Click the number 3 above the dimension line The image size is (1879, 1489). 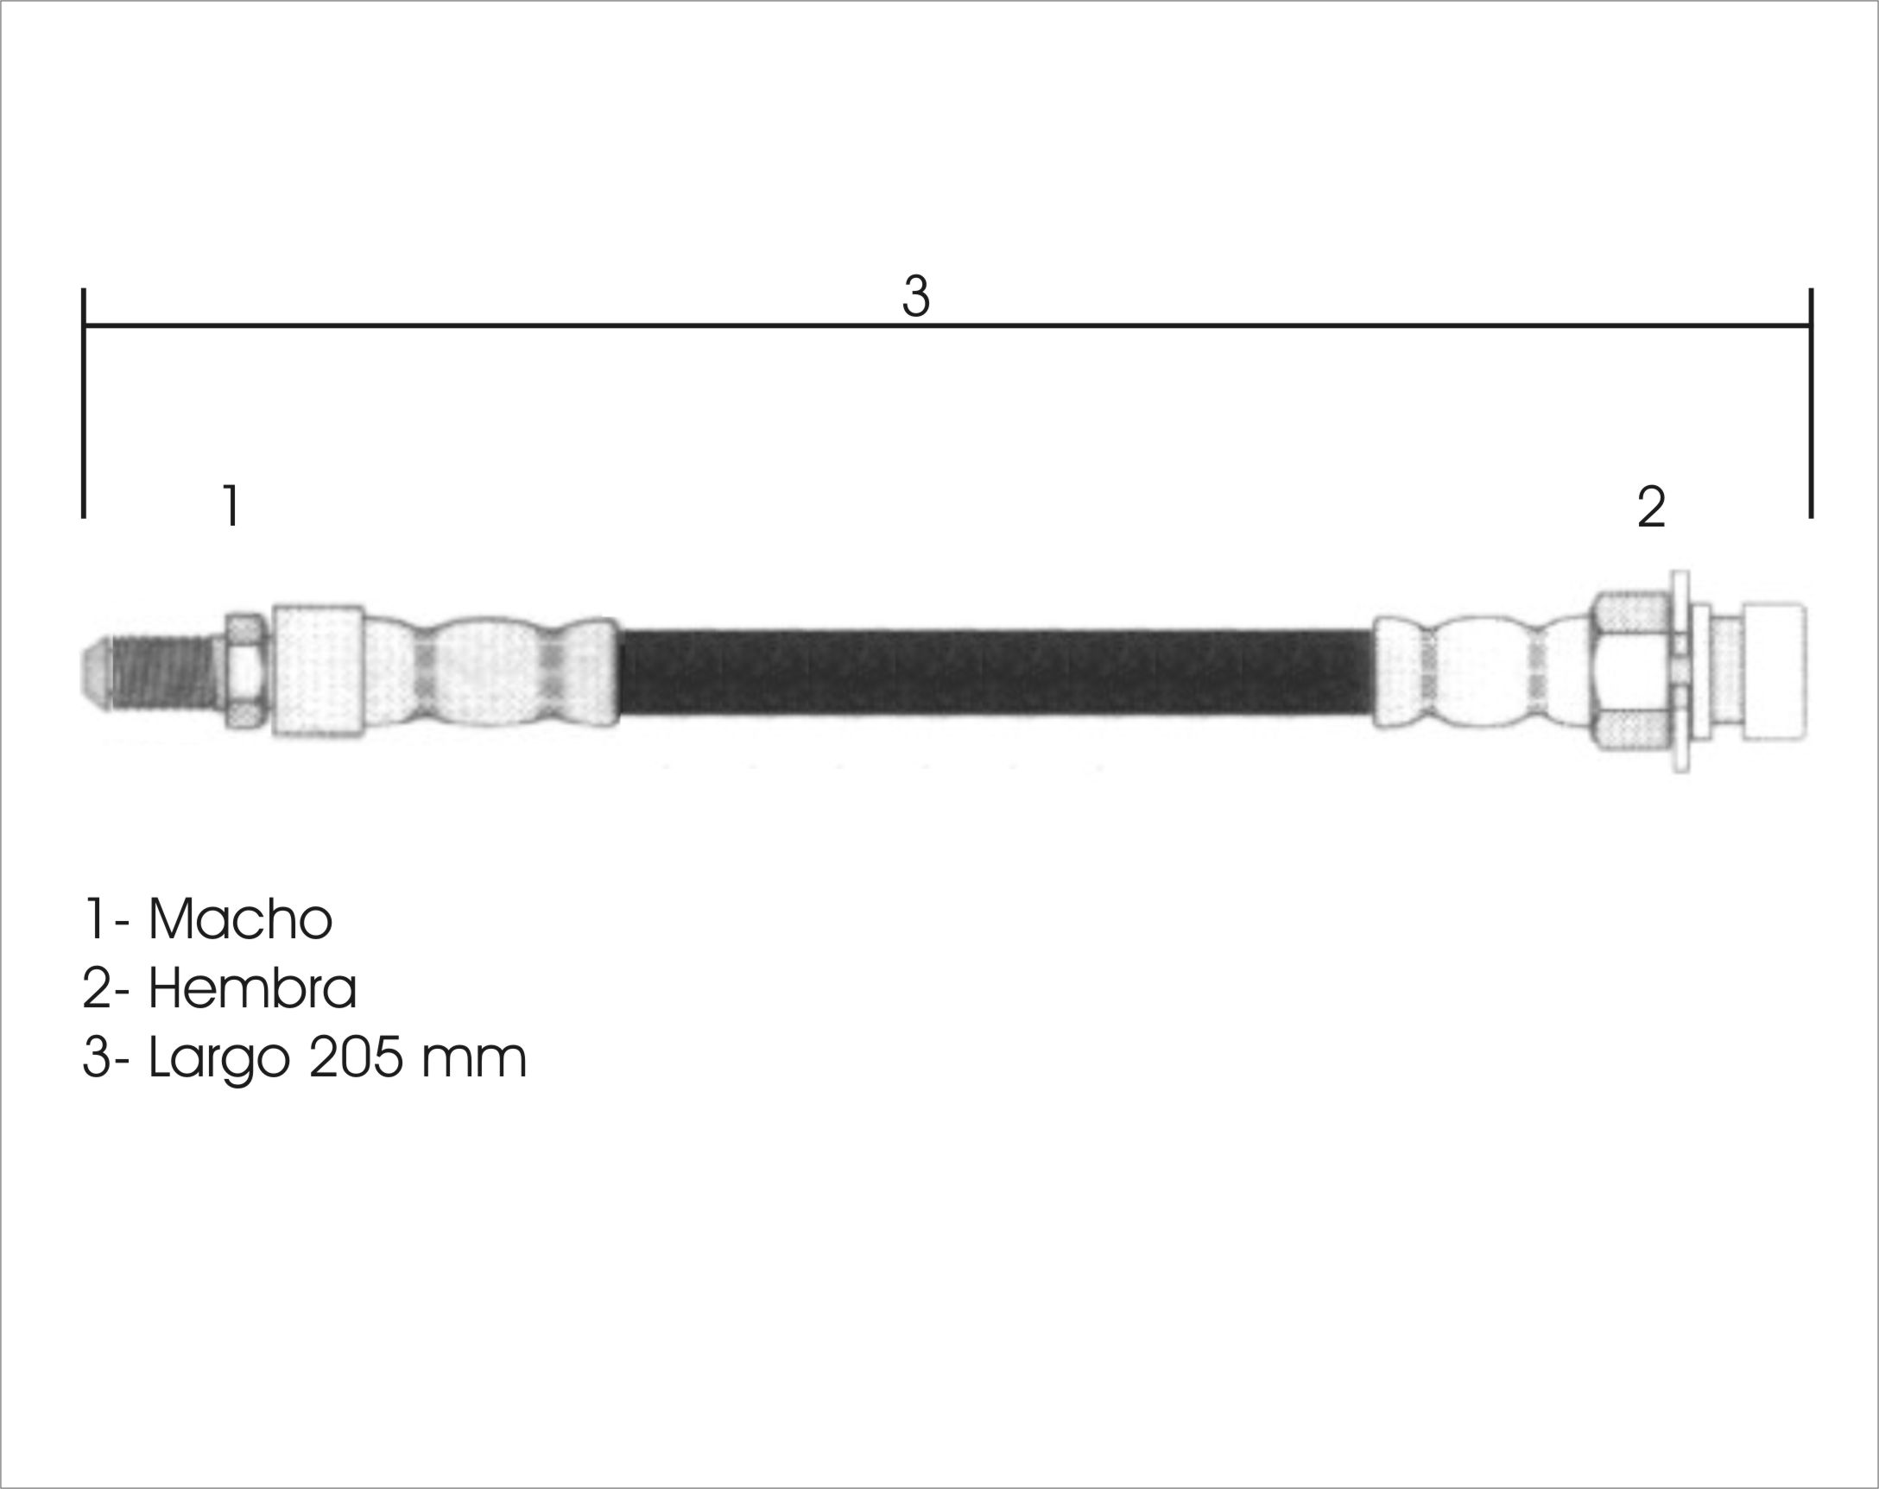916,296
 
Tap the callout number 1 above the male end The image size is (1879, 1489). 231,505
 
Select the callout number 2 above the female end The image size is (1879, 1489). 1652,507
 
